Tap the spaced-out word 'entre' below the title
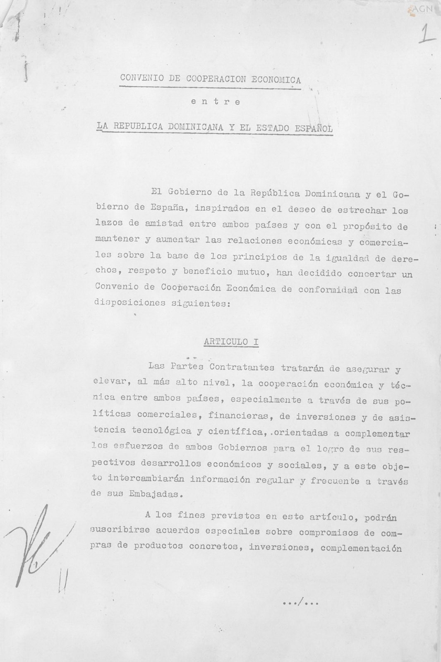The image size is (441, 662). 216,102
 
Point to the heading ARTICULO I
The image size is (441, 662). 231,342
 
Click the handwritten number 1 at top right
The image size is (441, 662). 425,34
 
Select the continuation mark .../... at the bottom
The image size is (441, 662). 300,603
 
